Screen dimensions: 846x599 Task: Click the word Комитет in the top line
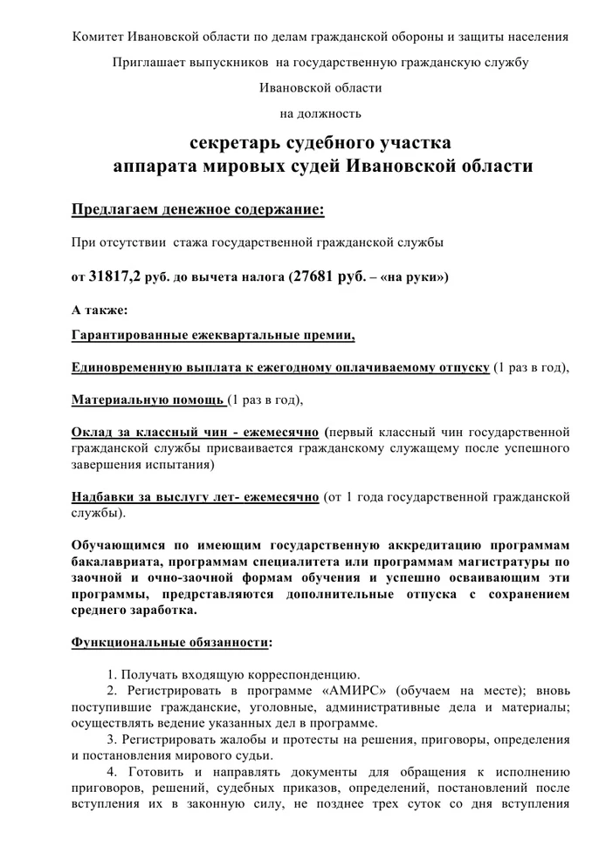99,37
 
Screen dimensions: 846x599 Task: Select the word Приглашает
151,62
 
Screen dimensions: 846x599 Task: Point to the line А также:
99,310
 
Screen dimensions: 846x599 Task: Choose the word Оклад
92,433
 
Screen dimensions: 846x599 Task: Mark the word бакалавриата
117,562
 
